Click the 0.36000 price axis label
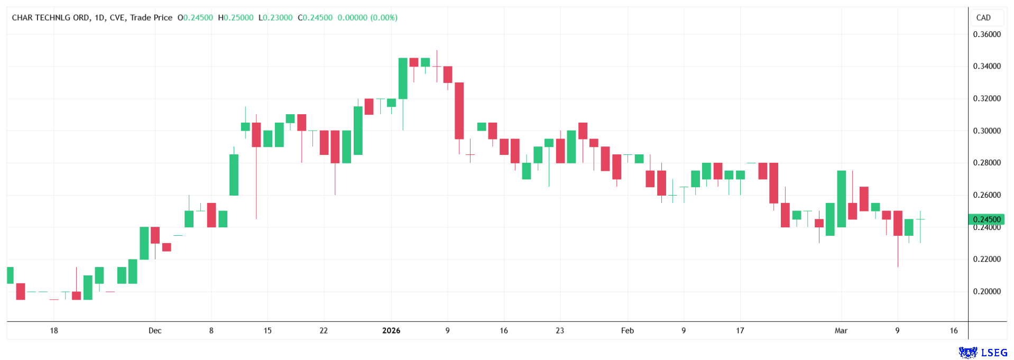tap(987, 34)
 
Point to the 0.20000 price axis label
tap(987, 291)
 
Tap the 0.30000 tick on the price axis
tap(987, 131)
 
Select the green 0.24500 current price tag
tap(986, 219)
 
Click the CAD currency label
tap(983, 17)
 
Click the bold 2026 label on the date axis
tap(391, 330)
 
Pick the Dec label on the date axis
tap(155, 330)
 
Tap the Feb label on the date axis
tap(627, 330)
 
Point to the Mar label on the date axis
tap(841, 330)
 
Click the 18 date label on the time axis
tap(54, 330)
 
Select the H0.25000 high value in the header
tap(235, 17)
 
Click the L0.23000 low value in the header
tap(275, 17)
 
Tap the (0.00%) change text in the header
tap(384, 17)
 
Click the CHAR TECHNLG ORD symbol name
tap(51, 17)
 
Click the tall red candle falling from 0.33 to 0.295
tap(459, 111)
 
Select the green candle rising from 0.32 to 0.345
tap(403, 78)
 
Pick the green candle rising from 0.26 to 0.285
tap(234, 174)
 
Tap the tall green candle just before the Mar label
tap(841, 199)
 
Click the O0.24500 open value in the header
tap(195, 17)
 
